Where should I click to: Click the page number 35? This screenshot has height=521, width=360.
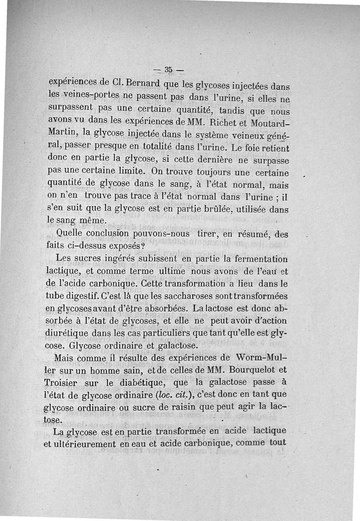coord(169,70)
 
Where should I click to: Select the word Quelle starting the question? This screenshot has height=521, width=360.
coord(71,234)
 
